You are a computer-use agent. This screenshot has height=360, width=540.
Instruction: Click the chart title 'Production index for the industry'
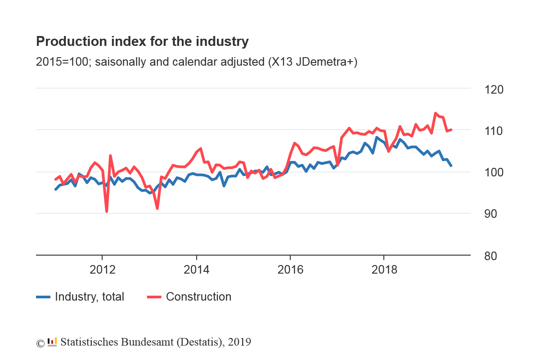[x=142, y=42]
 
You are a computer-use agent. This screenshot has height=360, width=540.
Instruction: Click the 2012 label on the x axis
[x=103, y=270]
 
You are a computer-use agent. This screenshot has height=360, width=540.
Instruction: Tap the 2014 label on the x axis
[x=197, y=270]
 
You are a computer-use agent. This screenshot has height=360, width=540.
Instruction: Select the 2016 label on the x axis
[x=290, y=270]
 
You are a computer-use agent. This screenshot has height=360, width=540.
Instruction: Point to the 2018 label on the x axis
[x=384, y=270]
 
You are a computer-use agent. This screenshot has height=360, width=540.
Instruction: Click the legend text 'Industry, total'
[x=90, y=297]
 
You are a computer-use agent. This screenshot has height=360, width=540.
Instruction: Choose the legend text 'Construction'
[x=198, y=297]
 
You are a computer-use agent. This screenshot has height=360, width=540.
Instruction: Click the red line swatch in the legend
[x=154, y=297]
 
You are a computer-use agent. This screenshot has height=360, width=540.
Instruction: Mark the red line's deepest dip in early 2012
[x=107, y=211]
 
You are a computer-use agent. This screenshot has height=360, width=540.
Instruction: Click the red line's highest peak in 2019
[x=436, y=113]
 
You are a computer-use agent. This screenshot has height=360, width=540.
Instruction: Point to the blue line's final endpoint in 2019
[x=451, y=166]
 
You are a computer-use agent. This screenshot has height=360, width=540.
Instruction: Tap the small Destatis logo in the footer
[x=52, y=342]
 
